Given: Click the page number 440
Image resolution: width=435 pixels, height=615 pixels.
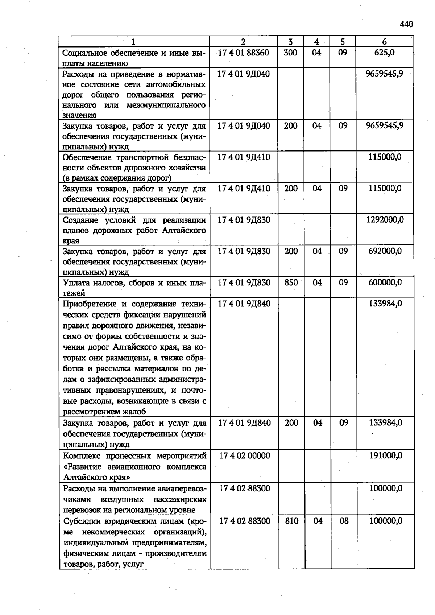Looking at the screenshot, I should [406, 24].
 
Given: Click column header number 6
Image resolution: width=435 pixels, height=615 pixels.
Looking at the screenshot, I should [384, 41].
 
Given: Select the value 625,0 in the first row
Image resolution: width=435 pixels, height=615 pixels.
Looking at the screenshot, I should [384, 53].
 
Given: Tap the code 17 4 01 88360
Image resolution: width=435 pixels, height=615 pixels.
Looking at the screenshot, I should [243, 53].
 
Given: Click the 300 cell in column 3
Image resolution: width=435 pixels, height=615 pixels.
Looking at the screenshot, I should [290, 53].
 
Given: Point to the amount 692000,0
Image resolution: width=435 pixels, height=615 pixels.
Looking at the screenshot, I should [385, 251].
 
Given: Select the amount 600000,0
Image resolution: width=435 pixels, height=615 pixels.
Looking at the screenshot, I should [385, 282].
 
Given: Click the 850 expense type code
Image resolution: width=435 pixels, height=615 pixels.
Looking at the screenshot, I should [291, 282].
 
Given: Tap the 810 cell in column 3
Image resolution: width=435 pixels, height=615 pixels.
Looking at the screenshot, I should [292, 521].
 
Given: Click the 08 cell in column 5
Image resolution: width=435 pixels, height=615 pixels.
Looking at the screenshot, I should [344, 521].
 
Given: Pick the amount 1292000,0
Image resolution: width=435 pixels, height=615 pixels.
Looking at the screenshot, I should [385, 220].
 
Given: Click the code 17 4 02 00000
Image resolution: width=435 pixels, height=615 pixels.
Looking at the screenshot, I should [245, 455].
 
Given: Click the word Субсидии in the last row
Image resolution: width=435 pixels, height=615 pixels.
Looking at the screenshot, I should [81, 521].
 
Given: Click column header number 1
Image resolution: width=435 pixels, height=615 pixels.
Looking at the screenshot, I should [133, 41].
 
